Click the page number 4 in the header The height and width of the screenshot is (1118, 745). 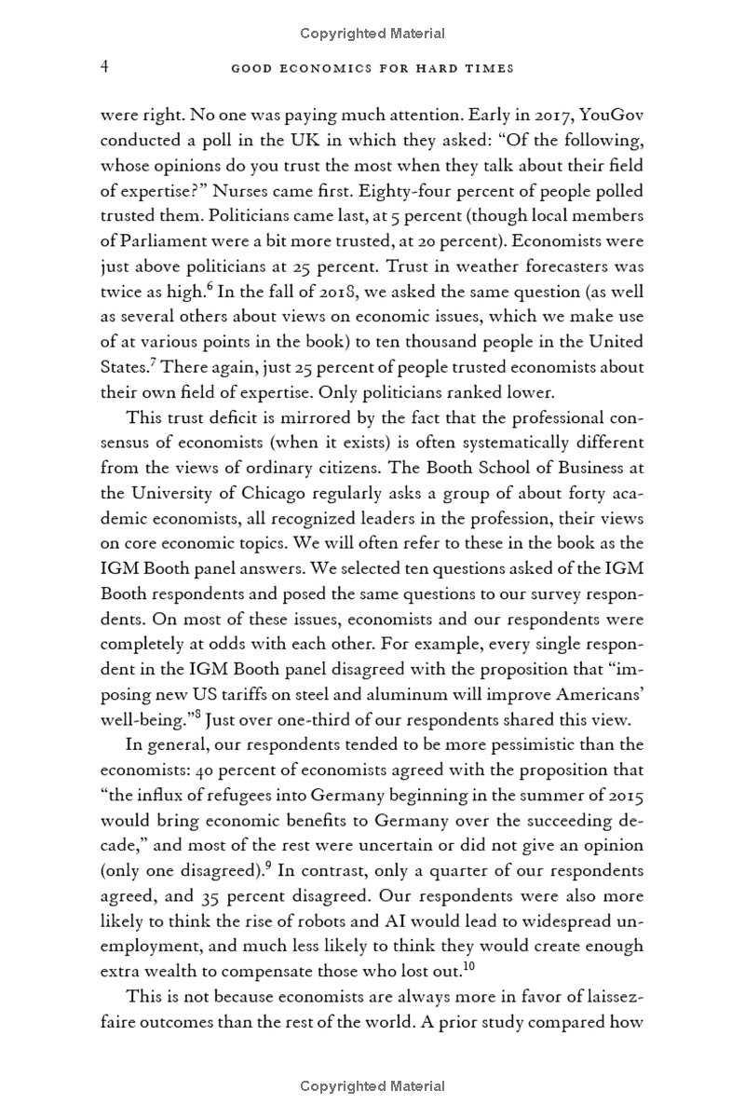click(x=105, y=67)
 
